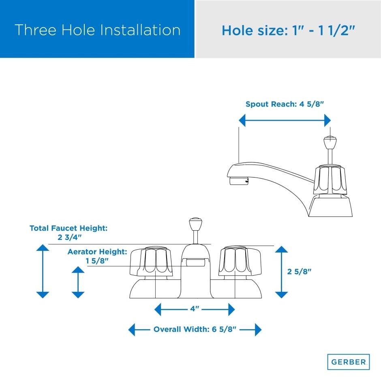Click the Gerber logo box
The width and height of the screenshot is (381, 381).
point(349,362)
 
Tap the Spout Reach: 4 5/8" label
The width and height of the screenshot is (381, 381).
point(285,104)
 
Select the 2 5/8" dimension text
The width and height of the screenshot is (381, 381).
point(299,272)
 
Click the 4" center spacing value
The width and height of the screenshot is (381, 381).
point(195,308)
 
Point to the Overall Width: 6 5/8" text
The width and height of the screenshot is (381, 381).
point(195,329)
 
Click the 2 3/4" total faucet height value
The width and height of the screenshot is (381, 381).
point(69,237)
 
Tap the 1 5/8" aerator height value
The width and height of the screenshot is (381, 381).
point(97,261)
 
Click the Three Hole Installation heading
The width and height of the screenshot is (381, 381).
point(97,30)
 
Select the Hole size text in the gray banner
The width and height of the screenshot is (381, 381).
point(289,31)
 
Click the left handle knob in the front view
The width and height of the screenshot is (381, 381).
point(151,261)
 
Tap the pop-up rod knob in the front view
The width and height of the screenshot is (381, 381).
point(196,224)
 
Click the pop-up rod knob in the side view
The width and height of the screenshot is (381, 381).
point(330,143)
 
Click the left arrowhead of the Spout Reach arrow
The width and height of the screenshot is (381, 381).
point(242,120)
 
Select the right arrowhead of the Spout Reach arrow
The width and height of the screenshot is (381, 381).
point(327,120)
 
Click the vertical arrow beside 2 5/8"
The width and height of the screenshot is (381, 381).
point(281,272)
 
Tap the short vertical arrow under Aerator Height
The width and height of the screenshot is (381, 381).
point(78,282)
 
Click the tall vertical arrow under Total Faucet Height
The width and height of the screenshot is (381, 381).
point(43,271)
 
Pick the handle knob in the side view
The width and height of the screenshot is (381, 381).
point(330,180)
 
